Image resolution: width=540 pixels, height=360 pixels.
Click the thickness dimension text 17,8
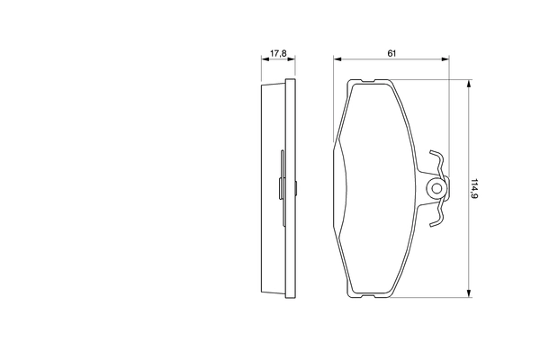[278, 54]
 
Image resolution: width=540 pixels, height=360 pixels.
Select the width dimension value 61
[392, 54]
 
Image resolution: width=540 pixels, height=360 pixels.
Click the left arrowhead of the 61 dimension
[337, 60]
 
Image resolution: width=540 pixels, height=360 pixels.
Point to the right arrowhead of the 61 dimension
[446, 60]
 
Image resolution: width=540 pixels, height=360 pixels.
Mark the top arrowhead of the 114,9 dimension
[469, 84]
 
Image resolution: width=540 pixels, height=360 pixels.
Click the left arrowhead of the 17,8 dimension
[263, 60]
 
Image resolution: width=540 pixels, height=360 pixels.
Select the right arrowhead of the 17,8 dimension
[292, 60]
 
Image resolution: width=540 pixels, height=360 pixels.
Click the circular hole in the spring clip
[436, 188]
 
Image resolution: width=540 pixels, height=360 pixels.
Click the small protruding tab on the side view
[282, 188]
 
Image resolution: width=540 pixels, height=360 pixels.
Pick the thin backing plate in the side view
[290, 188]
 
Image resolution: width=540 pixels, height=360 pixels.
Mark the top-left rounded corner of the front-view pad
[351, 84]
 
